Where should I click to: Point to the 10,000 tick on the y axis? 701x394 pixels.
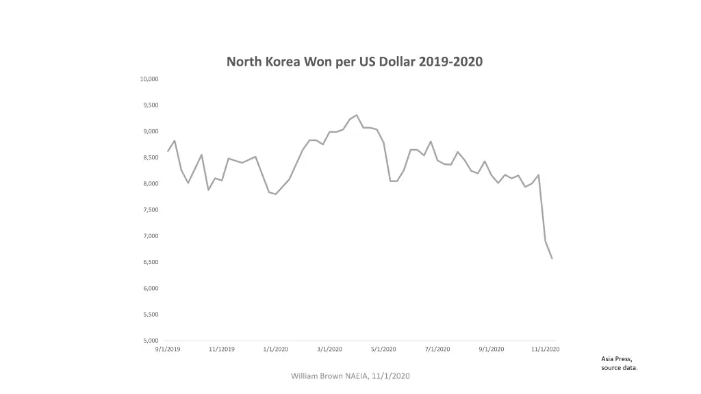pyautogui.click(x=149, y=79)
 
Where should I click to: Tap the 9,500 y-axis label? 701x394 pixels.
pyautogui.click(x=151, y=105)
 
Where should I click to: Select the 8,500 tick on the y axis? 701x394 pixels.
pyautogui.click(x=151, y=158)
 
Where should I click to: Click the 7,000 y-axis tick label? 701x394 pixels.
pyautogui.click(x=151, y=236)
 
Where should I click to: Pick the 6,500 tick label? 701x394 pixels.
pyautogui.click(x=151, y=263)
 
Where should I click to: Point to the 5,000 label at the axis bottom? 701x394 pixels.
pyautogui.click(x=151, y=341)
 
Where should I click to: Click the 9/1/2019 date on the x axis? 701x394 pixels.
pyautogui.click(x=168, y=350)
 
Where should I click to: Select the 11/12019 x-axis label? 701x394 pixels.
pyautogui.click(x=222, y=350)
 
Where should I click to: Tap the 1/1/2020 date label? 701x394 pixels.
pyautogui.click(x=276, y=350)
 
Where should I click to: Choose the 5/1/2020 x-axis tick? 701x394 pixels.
pyautogui.click(x=383, y=350)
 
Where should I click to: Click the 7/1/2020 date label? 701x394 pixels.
pyautogui.click(x=437, y=350)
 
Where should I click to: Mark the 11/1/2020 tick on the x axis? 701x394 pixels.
pyautogui.click(x=546, y=350)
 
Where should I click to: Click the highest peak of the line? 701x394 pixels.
pyautogui.click(x=357, y=115)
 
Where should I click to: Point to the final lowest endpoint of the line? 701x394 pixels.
pyautogui.click(x=552, y=258)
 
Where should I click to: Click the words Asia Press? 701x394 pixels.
pyautogui.click(x=617, y=358)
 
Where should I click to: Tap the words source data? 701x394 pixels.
pyautogui.click(x=620, y=368)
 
